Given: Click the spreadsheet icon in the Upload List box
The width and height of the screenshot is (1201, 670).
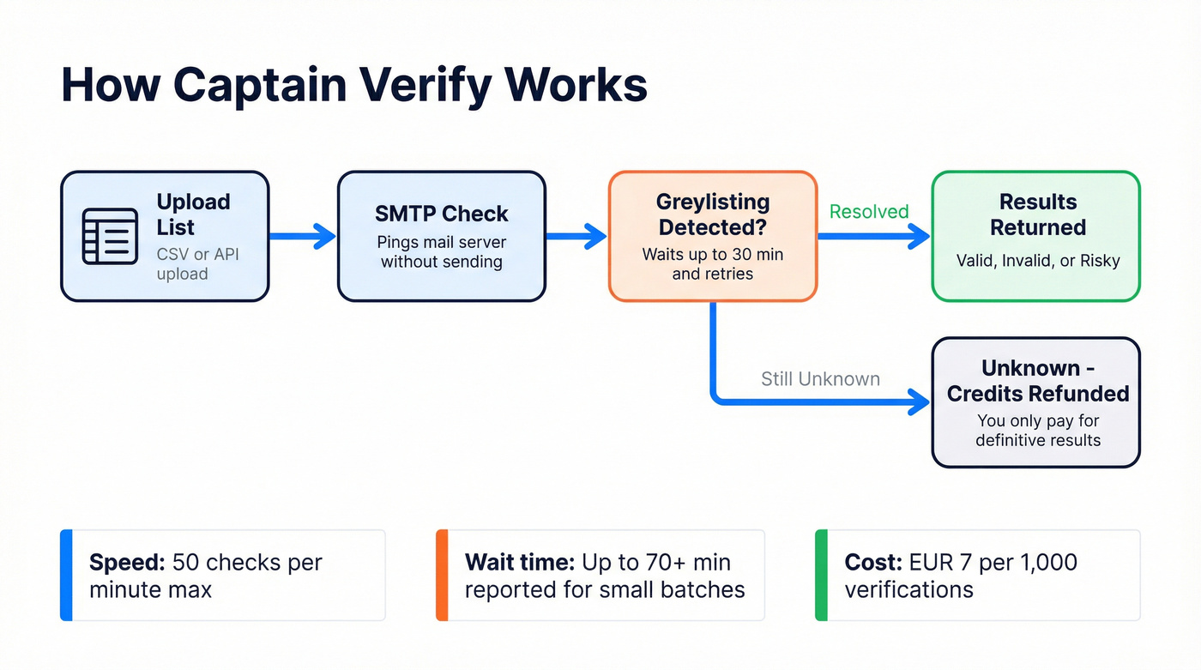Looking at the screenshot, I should click(x=109, y=236).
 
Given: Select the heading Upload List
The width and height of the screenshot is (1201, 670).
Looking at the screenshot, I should click(x=193, y=214).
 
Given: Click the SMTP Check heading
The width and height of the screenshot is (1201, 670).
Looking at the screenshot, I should click(x=441, y=214).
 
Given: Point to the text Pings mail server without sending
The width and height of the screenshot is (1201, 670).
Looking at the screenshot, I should click(x=441, y=252).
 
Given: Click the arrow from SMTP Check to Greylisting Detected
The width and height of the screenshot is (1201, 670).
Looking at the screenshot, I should click(x=576, y=236).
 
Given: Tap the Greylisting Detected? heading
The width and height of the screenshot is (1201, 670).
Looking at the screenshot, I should click(x=712, y=214).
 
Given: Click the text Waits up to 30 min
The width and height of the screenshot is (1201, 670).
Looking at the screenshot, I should click(x=712, y=255).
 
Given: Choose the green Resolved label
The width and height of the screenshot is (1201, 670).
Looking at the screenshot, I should click(x=868, y=212).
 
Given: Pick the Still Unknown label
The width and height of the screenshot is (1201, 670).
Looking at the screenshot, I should click(x=820, y=379).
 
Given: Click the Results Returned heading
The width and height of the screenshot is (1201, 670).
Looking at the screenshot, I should click(x=1037, y=214).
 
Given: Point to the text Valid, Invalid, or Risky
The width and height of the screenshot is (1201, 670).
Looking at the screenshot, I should click(x=1037, y=261).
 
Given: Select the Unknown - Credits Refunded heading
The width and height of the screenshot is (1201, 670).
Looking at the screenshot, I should click(x=1037, y=381).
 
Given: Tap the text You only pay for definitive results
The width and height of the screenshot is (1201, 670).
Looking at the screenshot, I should click(x=1037, y=431).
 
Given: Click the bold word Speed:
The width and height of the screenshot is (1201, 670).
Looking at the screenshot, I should click(x=127, y=563).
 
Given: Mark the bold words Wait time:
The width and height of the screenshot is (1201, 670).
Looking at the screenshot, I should click(x=519, y=563).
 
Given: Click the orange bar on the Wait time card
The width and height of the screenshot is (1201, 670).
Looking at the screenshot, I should click(x=442, y=575).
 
